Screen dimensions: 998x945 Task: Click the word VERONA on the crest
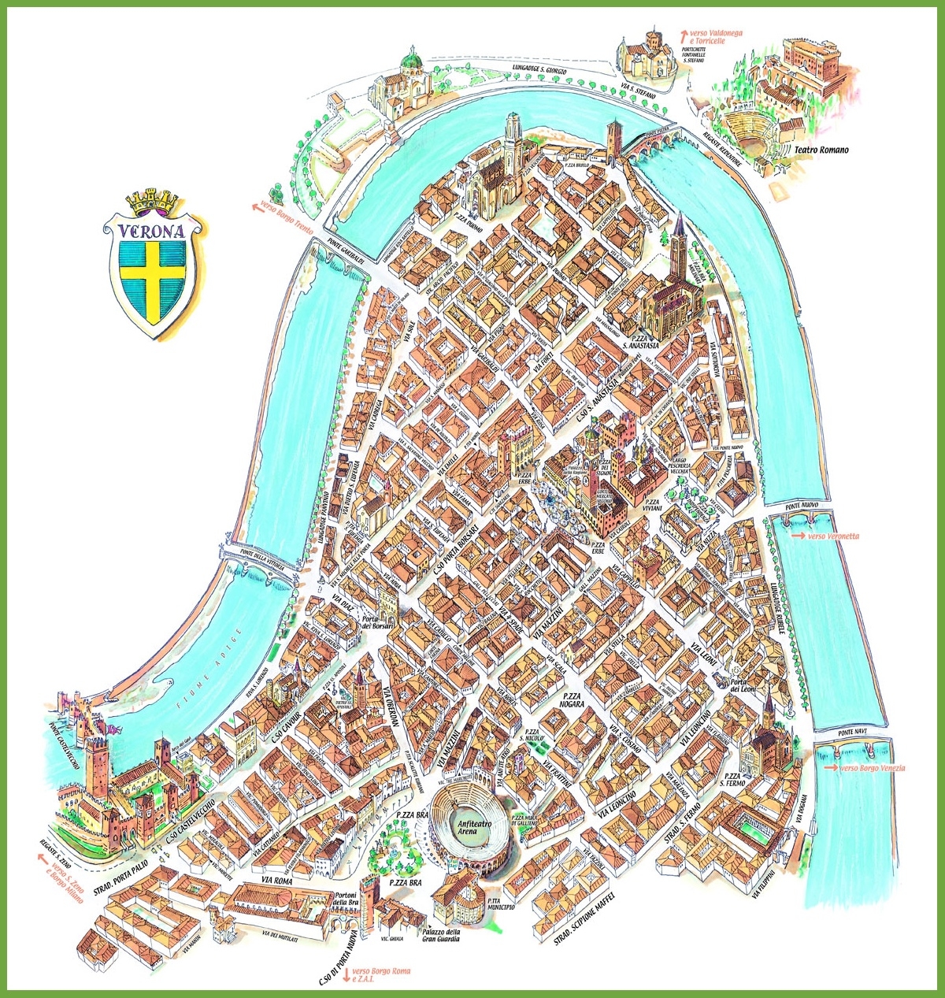pos(152,232)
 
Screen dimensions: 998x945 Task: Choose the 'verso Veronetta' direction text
pos(830,536)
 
